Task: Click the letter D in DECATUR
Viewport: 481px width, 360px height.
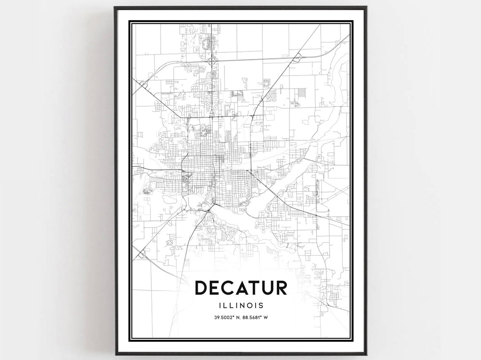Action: pyautogui.click(x=201, y=287)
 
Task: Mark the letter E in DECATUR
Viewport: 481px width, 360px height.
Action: pyautogui.click(x=216, y=287)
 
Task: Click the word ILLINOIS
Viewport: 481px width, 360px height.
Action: pyautogui.click(x=241, y=305)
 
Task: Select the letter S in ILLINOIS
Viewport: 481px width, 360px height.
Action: pyautogui.click(x=262, y=305)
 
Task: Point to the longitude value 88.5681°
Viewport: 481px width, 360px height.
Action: pyautogui.click(x=252, y=317)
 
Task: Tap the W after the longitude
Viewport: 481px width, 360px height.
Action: pyautogui.click(x=266, y=317)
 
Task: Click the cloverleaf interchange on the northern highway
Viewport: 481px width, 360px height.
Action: pyautogui.click(x=212, y=62)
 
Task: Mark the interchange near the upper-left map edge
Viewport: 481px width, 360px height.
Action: pyautogui.click(x=143, y=85)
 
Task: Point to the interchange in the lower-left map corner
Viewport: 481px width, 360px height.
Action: pyautogui.click(x=141, y=254)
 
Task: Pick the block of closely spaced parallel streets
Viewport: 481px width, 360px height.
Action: pyautogui.click(x=301, y=93)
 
